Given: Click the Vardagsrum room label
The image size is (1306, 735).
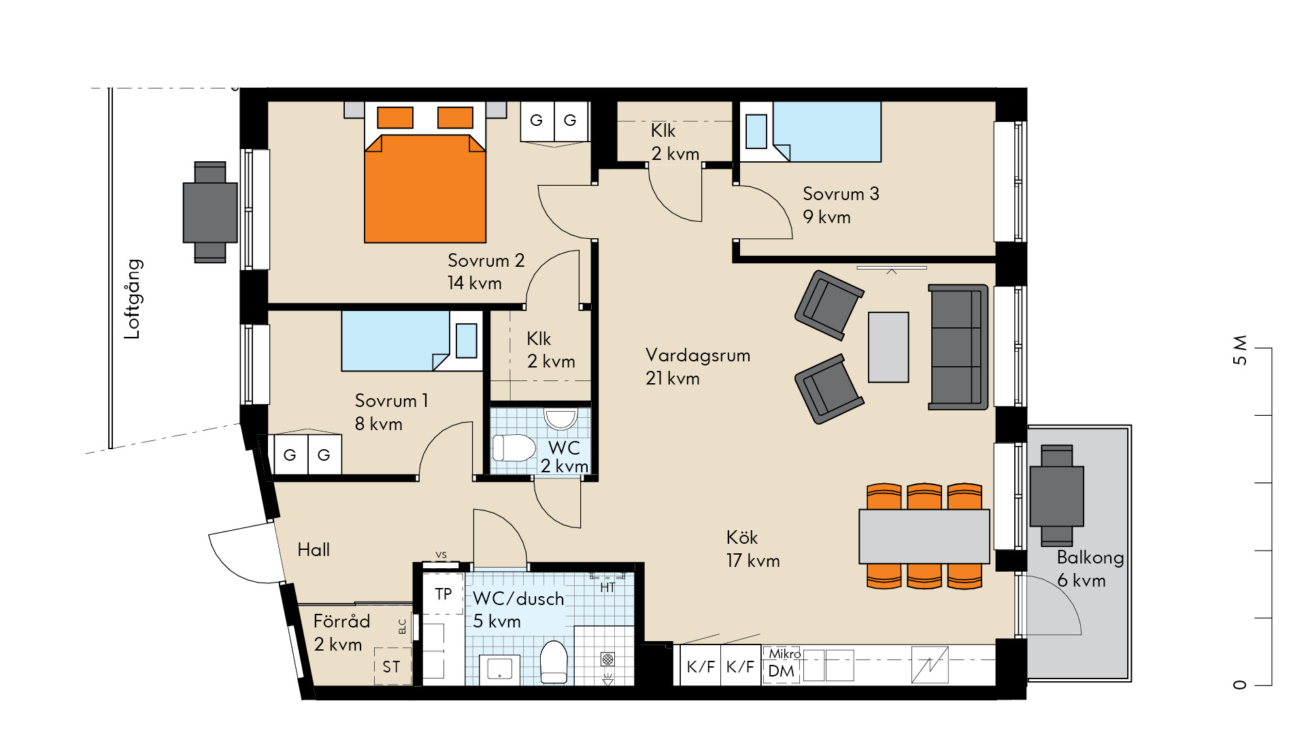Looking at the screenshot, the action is point(697,355).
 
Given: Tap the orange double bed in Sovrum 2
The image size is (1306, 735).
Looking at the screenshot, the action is point(425,173).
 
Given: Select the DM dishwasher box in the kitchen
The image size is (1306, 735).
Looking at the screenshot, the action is point(781,671).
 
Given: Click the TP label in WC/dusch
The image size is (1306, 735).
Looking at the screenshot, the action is point(443,594).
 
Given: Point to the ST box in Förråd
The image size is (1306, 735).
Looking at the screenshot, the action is point(392,667).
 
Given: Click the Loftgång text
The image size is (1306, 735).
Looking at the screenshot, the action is point(133,299).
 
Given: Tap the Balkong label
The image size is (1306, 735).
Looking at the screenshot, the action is point(1090,558).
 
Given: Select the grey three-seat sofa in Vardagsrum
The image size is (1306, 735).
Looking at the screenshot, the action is point(958,347).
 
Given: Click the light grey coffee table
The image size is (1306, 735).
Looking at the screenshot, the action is point(888,347).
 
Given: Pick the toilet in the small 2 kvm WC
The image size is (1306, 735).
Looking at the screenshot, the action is point(514,448).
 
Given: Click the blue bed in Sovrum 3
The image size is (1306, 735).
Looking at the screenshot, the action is point(811,132).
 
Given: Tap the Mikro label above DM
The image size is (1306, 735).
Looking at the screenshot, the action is point(784,653).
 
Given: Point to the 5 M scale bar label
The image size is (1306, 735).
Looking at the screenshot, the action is point(1240,350).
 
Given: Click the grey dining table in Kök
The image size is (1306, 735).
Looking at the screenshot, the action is point(924,536).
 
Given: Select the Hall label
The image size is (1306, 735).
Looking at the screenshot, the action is point(314,550).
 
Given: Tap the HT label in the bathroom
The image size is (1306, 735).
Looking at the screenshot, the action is point(607,587).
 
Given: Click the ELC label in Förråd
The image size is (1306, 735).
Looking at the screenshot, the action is point(403,626).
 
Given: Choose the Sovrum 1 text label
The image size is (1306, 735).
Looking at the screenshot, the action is point(392,401).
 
